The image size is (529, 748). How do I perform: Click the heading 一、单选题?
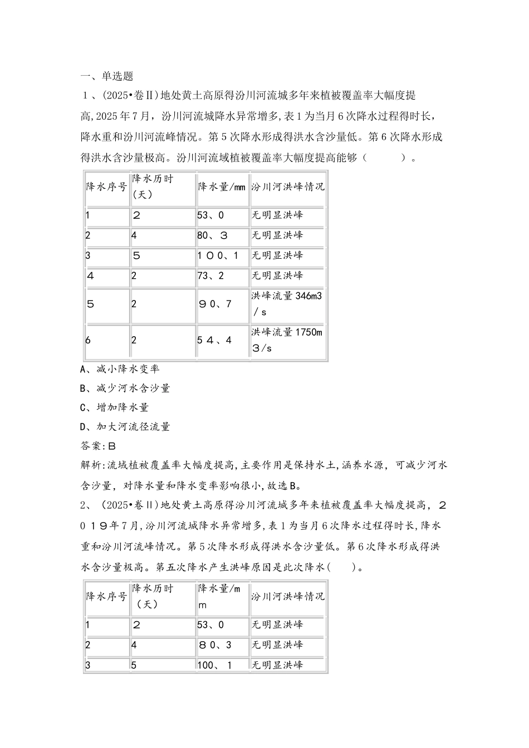[106, 76]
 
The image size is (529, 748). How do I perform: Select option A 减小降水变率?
[120, 369]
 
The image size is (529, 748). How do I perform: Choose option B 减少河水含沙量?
[125, 388]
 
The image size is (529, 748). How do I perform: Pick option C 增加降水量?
[114, 407]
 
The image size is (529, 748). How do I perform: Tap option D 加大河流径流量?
[125, 427]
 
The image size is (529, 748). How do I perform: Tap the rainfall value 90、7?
[214, 304]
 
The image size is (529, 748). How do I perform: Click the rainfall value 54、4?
[214, 340]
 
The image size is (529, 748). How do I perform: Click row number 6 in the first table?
[88, 340]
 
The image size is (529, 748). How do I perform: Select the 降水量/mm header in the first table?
[222, 186]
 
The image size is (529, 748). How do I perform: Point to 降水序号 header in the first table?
[106, 186]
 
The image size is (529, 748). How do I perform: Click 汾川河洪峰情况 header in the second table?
[287, 597]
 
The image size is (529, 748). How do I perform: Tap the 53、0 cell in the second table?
[210, 625]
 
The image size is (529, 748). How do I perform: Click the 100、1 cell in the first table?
[218, 255]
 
